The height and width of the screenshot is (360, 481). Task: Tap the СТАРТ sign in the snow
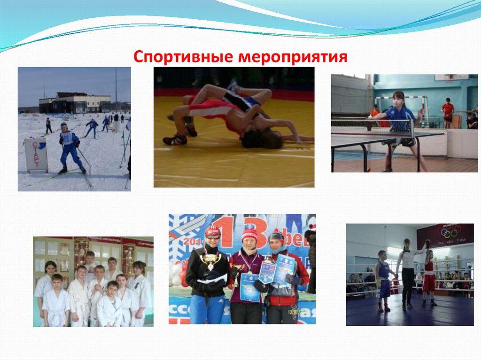[36, 154]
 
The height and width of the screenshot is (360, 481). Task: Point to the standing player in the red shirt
[448, 111]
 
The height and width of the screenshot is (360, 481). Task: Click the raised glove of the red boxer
[427, 244]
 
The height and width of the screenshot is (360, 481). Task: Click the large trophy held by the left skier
[210, 260]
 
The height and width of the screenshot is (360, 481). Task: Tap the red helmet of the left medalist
[212, 231]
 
